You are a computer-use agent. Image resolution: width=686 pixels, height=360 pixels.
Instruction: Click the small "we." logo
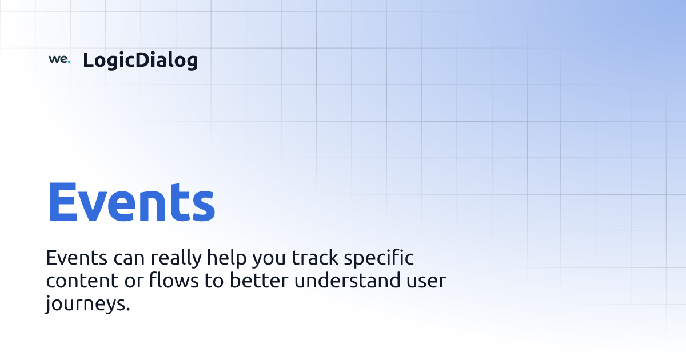(x=59, y=59)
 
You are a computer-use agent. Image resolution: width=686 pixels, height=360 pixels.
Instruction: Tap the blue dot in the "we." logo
(x=69, y=62)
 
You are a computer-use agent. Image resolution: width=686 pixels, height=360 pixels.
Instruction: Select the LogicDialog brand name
(x=140, y=60)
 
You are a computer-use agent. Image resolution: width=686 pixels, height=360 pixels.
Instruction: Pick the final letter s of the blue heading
(x=202, y=206)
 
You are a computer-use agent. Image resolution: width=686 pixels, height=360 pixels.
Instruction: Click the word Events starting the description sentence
(x=77, y=258)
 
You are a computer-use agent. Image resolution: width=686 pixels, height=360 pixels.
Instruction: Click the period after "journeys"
(x=127, y=309)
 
